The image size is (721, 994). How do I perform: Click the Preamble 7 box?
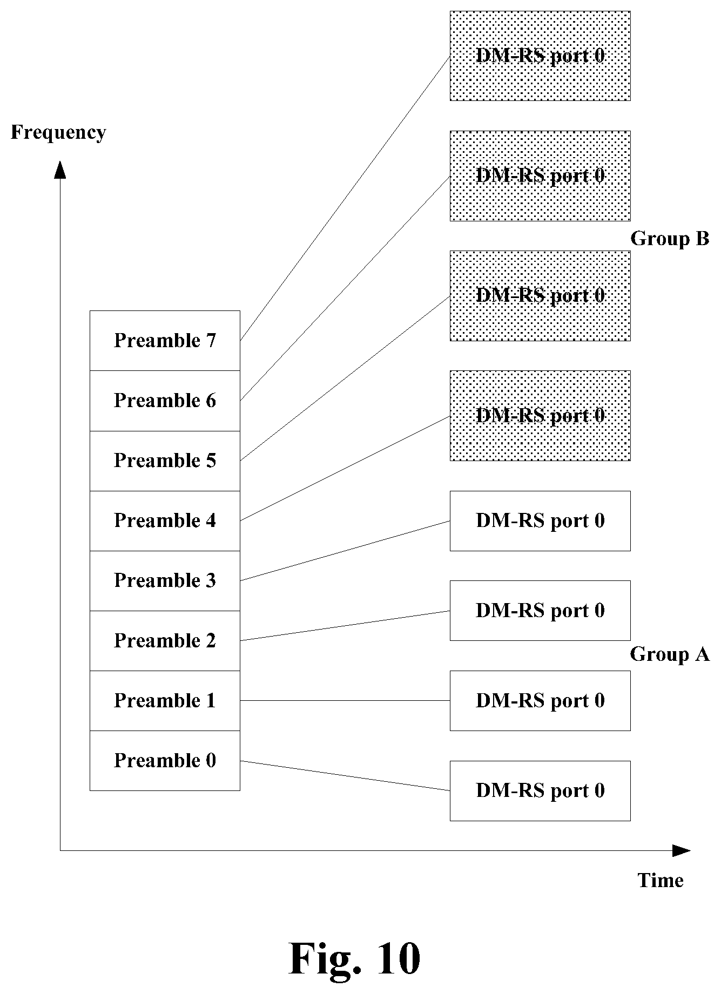165,341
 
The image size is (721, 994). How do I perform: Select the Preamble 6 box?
165,401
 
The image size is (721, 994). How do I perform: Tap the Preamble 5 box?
165,461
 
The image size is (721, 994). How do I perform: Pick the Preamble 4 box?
165,521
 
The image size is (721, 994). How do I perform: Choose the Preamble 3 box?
165,581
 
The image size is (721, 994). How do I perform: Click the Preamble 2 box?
165,641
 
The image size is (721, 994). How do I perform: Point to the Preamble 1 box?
165,701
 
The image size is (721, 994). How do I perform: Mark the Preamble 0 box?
165,761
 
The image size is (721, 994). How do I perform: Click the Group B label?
670,239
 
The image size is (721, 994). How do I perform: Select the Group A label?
670,654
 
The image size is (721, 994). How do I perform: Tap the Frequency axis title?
58,133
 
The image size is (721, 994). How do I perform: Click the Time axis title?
661,881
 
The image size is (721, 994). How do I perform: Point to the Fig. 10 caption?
355,959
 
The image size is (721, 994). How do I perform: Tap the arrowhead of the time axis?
682,851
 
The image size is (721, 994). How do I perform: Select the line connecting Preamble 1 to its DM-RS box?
345,701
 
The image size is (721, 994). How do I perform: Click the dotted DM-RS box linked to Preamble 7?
540,56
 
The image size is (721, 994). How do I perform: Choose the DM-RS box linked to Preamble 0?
540,791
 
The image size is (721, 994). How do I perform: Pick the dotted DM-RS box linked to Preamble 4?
540,416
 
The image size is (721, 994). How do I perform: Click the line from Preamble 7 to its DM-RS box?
345,198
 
